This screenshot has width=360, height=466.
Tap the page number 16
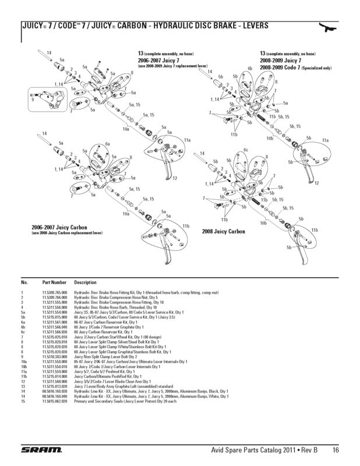337,450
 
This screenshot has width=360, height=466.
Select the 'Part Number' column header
55,282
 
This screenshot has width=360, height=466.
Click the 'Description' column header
85,282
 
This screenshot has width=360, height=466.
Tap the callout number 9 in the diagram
33,100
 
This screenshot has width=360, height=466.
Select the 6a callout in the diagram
108,143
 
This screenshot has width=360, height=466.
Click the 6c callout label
246,150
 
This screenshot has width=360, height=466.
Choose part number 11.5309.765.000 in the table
55,292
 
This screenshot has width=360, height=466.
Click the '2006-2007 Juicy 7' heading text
158,60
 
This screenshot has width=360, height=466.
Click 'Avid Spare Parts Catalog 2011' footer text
257,450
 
